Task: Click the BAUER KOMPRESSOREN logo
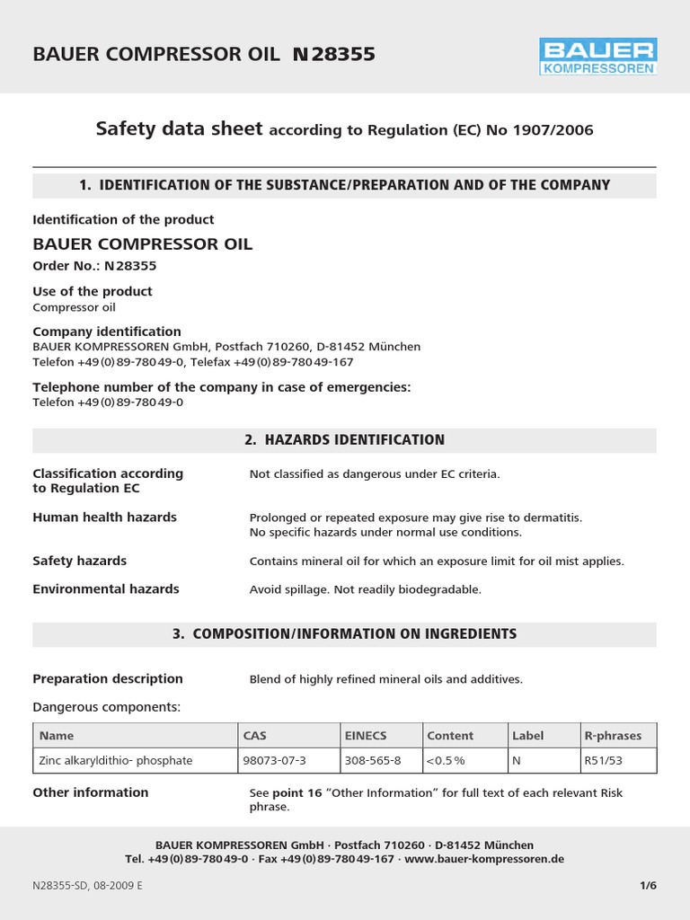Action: (x=597, y=56)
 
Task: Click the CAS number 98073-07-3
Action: (x=275, y=761)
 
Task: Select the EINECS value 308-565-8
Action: (x=373, y=761)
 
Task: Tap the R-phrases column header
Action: (x=613, y=736)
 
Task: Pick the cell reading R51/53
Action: (x=602, y=761)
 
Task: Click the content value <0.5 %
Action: (x=446, y=761)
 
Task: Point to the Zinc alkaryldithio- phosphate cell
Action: (x=116, y=761)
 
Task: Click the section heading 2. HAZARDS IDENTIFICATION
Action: (x=344, y=440)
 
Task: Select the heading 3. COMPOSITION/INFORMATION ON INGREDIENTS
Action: (x=344, y=634)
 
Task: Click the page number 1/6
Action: (x=648, y=885)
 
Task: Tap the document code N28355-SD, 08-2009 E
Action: (x=87, y=885)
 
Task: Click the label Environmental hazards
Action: (x=106, y=589)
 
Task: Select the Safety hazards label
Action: (x=79, y=561)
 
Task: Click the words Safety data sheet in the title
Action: (x=179, y=129)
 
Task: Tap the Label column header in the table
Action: (x=527, y=736)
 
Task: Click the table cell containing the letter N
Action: (x=517, y=761)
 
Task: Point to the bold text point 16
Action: (x=302, y=793)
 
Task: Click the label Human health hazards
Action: (x=104, y=517)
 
